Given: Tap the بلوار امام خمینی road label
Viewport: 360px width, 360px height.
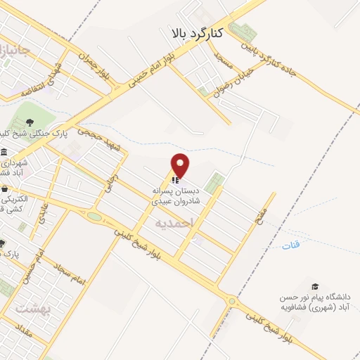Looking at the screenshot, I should [x=150, y=69].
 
